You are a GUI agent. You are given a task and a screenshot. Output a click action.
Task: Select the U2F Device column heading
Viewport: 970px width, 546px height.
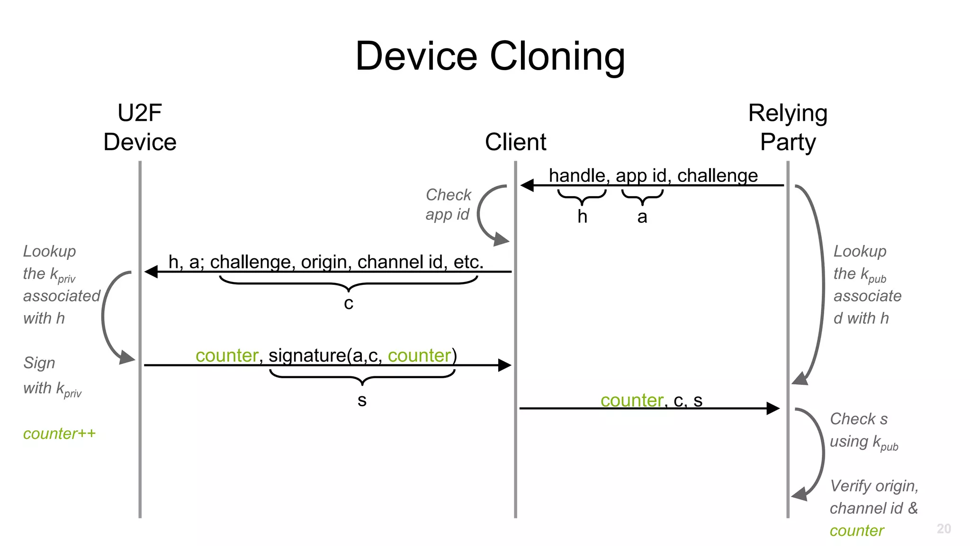click(140, 128)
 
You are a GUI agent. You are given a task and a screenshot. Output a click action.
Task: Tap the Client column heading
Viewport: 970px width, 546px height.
click(515, 142)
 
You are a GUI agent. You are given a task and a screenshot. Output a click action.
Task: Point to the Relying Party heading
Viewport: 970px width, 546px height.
click(788, 128)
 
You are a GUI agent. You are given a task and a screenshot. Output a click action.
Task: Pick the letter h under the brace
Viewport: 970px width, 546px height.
click(582, 217)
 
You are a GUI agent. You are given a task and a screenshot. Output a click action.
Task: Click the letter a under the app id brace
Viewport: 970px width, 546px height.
click(642, 217)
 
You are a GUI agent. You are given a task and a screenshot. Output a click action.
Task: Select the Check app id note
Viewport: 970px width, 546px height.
click(448, 204)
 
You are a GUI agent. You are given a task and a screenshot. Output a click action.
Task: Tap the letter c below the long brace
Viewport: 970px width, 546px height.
click(349, 303)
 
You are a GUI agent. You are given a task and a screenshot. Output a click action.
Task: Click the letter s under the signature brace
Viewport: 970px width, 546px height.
click(362, 400)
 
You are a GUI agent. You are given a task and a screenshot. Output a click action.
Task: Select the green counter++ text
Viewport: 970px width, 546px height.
click(59, 434)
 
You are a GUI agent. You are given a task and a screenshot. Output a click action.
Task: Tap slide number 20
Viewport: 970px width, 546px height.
click(943, 528)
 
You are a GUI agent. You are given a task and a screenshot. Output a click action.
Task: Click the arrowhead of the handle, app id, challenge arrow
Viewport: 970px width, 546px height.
click(527, 185)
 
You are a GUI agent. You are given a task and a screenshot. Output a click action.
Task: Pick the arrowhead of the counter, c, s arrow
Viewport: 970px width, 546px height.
click(773, 408)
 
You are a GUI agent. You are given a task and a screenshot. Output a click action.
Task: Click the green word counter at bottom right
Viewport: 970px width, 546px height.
click(856, 531)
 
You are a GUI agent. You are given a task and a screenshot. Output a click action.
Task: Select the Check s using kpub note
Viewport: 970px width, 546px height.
click(863, 430)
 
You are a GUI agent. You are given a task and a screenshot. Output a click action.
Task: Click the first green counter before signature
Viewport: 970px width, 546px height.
click(227, 355)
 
